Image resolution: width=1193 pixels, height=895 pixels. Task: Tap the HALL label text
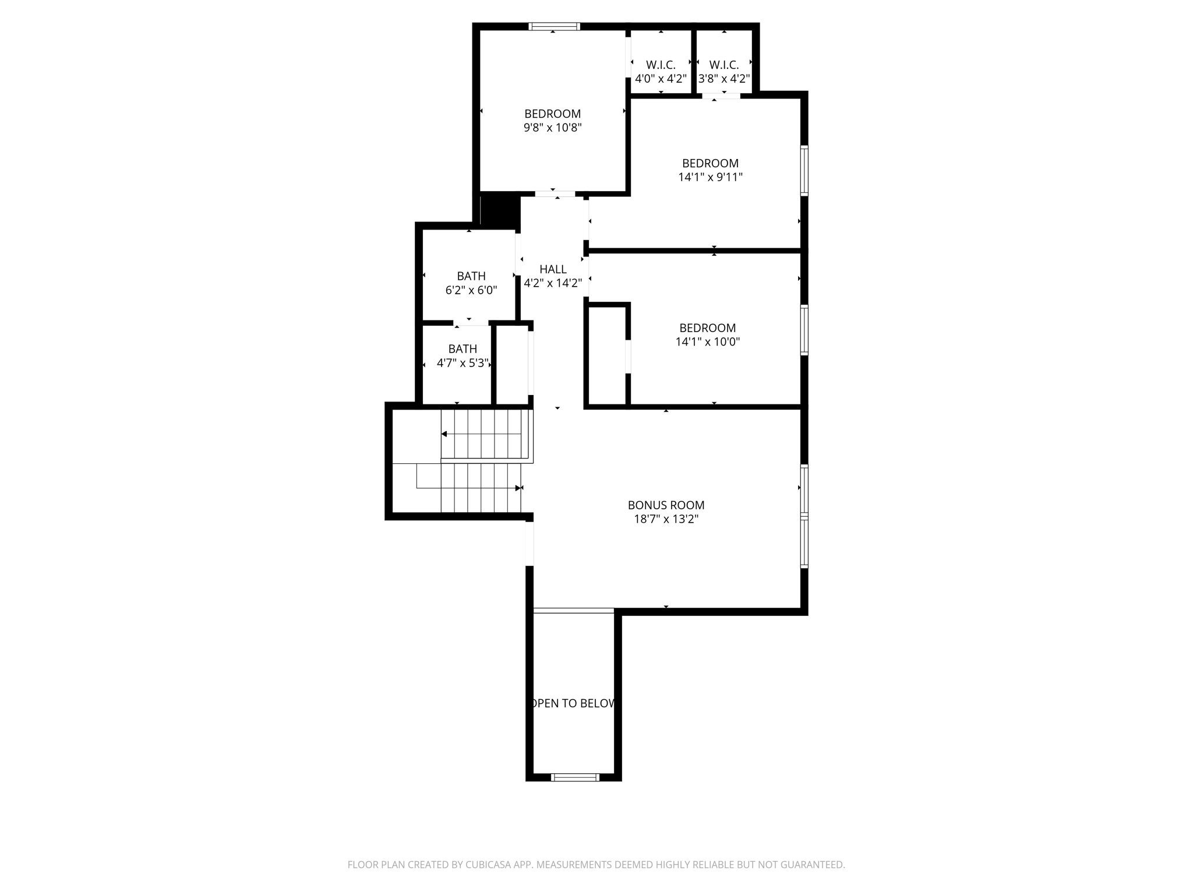553,269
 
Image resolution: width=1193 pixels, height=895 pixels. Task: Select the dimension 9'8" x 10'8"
552,128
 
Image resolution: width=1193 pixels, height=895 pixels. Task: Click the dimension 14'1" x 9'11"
710,177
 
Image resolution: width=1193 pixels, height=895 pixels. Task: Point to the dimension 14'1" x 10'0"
707,342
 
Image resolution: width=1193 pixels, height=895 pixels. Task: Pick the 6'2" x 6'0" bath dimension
471,290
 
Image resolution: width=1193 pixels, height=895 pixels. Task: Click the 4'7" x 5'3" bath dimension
463,363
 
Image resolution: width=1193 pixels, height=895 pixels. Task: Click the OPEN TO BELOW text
574,703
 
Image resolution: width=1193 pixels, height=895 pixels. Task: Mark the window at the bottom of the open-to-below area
575,777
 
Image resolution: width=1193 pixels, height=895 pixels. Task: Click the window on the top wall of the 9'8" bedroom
554,26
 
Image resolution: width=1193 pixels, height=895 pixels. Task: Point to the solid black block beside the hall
500,210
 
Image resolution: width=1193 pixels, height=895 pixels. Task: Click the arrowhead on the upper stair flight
444,434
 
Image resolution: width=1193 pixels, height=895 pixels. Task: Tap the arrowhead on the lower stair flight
518,488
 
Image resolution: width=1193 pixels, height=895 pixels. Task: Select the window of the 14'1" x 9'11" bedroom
804,170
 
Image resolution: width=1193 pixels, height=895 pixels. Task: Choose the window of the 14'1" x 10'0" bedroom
804,330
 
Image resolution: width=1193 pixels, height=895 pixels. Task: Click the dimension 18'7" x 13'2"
666,519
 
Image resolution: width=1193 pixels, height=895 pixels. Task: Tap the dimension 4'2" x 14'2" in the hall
553,284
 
